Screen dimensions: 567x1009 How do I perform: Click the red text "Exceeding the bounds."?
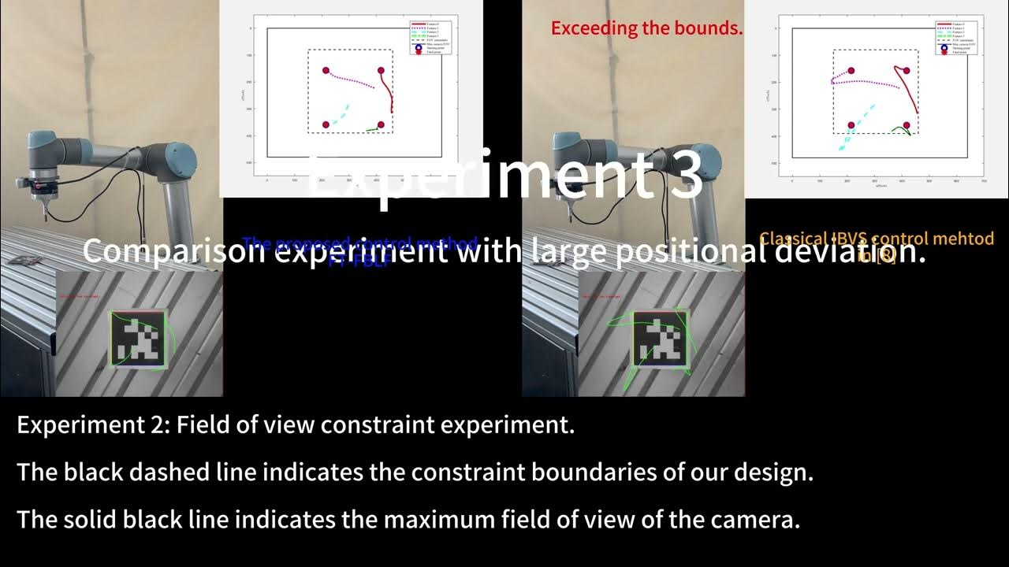(x=646, y=28)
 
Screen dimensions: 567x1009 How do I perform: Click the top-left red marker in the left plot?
(x=326, y=71)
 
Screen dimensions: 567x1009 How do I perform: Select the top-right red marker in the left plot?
(x=381, y=71)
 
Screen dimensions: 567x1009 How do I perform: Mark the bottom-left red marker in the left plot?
(x=326, y=125)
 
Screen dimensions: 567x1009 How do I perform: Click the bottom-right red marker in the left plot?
(x=381, y=125)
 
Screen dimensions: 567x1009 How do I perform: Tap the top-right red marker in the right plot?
(x=907, y=71)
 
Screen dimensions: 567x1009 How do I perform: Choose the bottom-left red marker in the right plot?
(x=851, y=125)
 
